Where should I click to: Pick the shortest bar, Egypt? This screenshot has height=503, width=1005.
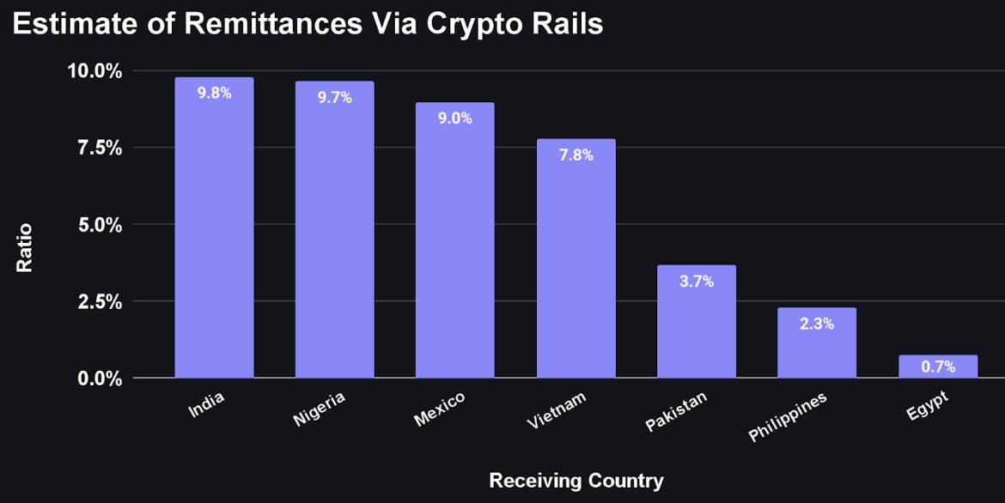(938, 367)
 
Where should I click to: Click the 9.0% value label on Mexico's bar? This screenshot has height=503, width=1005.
(455, 118)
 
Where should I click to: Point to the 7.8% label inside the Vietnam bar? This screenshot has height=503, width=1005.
(576, 155)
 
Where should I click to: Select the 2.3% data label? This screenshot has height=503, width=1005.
(817, 324)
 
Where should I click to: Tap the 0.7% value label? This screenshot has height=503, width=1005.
(938, 367)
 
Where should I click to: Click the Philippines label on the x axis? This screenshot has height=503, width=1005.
(788, 417)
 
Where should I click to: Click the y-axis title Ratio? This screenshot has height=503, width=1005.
(25, 248)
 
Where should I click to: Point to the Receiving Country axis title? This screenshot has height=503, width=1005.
(576, 480)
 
